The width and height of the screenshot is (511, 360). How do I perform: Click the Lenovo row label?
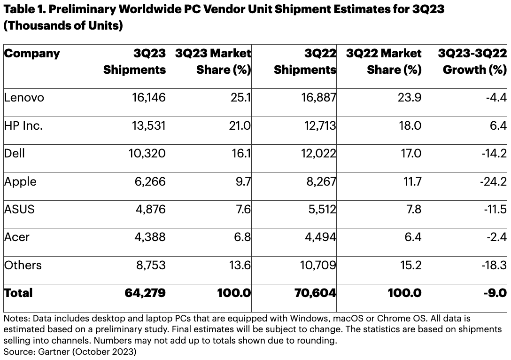[x=23, y=98]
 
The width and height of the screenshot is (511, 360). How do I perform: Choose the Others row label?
[x=23, y=265]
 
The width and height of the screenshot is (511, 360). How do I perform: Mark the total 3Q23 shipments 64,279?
[x=145, y=293]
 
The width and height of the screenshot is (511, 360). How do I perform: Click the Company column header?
[x=32, y=53]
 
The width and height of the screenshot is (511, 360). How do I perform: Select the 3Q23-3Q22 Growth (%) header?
[x=472, y=62]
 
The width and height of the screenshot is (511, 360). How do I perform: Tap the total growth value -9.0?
[x=495, y=293]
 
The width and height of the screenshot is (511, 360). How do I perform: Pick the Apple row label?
[x=20, y=181]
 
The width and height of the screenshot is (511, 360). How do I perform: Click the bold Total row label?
[x=18, y=293]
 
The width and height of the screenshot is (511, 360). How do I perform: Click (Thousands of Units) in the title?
[x=63, y=25]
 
